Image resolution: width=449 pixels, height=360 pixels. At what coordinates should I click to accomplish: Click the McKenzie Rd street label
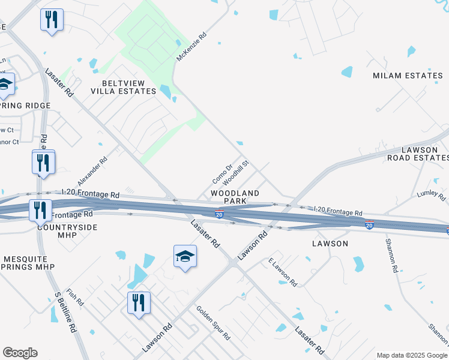[191, 47]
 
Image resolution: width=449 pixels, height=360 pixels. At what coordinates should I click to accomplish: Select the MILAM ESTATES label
[408, 76]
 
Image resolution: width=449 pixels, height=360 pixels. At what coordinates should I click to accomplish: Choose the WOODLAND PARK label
[235, 197]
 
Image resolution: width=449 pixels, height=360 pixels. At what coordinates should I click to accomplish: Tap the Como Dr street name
[221, 175]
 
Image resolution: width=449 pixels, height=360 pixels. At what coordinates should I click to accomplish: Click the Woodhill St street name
[235, 172]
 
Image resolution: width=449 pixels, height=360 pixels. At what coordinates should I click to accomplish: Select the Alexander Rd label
[92, 172]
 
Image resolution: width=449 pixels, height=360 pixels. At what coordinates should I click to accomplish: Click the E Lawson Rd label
[283, 272]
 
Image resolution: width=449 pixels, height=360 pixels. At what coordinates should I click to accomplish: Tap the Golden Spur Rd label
[213, 323]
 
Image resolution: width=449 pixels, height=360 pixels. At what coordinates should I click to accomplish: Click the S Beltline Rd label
[67, 313]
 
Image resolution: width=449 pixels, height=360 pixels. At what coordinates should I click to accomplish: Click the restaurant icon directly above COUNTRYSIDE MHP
[40, 209]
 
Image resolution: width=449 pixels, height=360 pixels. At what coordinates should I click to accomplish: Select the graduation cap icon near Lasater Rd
[185, 256]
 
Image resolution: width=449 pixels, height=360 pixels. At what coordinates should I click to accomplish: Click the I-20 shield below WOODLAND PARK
[220, 214]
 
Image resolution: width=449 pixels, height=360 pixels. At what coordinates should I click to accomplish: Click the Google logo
[20, 353]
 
